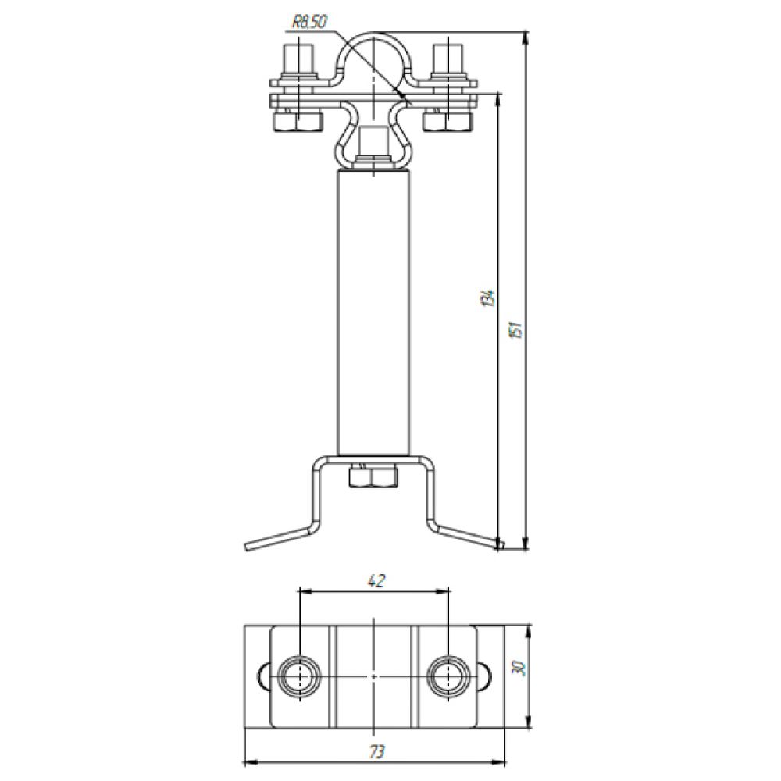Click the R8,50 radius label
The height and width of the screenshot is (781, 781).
point(308,23)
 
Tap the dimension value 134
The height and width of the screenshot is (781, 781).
point(489,297)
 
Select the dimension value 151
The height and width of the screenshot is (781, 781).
point(517,330)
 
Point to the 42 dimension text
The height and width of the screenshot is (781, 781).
point(376,581)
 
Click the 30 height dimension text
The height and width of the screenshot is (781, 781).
point(517,668)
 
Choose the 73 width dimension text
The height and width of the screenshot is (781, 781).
point(377,751)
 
